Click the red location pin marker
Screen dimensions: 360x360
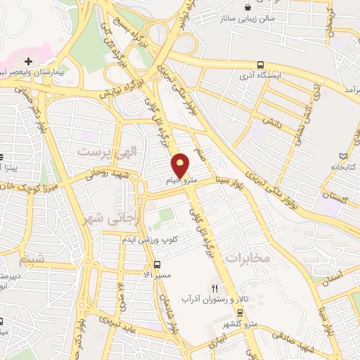(181, 165)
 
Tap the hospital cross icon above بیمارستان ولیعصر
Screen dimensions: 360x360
(28, 61)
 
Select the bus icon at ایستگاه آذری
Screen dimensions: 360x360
(261, 63)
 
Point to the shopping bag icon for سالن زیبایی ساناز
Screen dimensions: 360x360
(247, 8)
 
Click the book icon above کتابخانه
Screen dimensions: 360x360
(343, 155)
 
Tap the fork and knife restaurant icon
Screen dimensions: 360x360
(216, 288)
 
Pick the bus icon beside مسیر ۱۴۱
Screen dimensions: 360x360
(156, 266)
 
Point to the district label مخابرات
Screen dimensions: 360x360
(247, 257)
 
